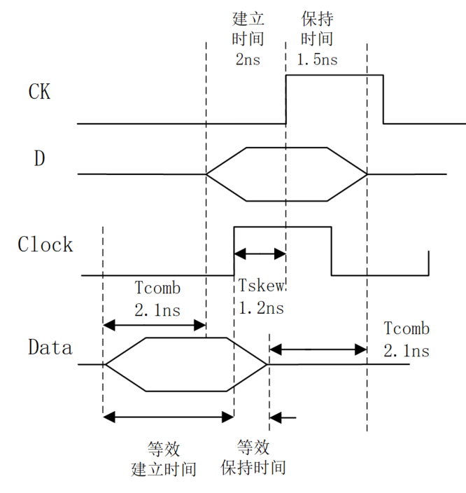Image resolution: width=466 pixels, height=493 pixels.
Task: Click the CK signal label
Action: point(39,91)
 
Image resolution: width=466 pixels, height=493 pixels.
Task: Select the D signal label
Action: point(40,159)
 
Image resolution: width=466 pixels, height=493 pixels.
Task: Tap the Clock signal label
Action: point(45,244)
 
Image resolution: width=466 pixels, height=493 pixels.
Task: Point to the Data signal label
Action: point(50,347)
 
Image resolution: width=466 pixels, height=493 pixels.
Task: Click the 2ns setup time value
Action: point(248,60)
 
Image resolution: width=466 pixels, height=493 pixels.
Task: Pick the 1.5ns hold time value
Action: point(317,60)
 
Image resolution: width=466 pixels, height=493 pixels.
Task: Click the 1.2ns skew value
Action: point(261,308)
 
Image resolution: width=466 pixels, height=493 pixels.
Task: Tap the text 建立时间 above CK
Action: point(248,29)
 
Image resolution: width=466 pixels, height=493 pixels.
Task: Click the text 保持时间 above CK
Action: point(316,29)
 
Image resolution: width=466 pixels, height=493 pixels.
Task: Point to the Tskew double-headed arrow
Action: point(260,254)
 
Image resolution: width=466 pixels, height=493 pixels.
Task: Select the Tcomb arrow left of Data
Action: point(154,325)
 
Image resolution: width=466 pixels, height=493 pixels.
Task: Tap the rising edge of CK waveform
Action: point(286,99)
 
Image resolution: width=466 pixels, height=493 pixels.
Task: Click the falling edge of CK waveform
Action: point(383,99)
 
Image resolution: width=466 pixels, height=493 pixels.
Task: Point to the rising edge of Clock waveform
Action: point(234,251)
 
